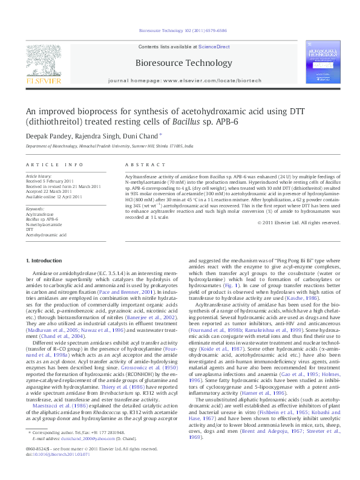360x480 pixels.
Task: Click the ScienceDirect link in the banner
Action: (x=214, y=47)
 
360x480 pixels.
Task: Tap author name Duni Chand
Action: (x=140, y=136)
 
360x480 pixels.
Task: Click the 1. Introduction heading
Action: (x=44, y=261)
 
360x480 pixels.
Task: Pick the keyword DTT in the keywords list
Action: (x=29, y=229)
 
